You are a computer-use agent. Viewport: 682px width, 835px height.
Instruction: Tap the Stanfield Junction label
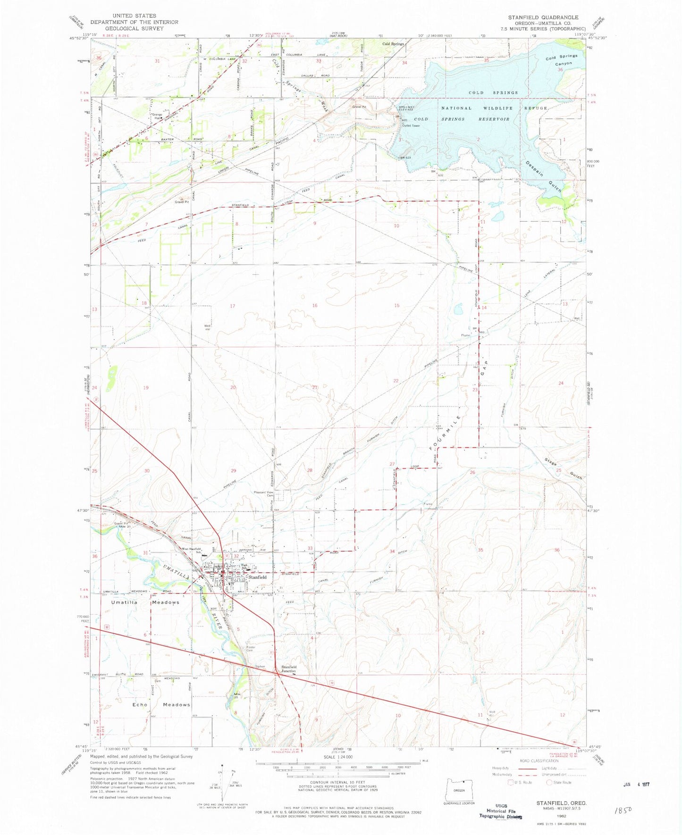point(288,669)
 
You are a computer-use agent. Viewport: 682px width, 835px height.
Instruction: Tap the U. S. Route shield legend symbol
point(510,782)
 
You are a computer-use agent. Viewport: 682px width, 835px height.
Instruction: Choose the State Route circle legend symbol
point(549,782)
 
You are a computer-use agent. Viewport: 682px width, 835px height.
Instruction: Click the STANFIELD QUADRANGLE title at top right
point(542,17)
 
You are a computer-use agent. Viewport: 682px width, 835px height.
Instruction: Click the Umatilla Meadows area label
point(145,602)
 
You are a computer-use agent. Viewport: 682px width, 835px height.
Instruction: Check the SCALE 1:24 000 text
point(337,756)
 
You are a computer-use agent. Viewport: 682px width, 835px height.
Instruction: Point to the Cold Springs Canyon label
point(562,59)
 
